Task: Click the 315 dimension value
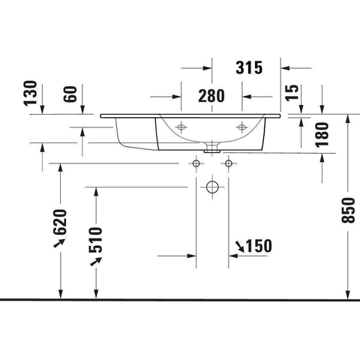pos(249,67)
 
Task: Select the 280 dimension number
pos(211,96)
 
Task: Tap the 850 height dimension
pos(348,210)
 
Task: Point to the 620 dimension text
pos(60,222)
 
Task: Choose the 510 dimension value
pos(96,240)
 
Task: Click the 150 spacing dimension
pos(259,246)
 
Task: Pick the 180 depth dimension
pos(322,134)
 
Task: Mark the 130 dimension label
pos(30,93)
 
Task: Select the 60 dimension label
pos(70,94)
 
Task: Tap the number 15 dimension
pos(292,93)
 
